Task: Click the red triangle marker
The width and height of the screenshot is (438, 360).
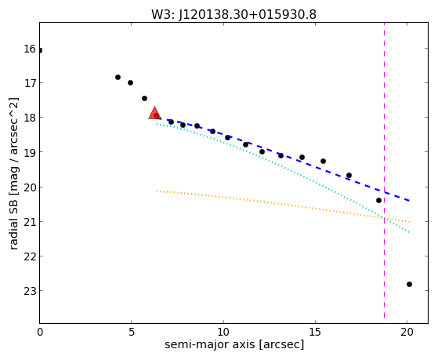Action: point(154,113)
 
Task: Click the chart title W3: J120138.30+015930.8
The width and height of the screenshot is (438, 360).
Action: point(233,15)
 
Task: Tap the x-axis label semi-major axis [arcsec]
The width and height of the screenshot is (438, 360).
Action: point(234,344)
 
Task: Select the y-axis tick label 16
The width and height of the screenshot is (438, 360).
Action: point(30,49)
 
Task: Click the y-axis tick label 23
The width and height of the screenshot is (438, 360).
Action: point(30,291)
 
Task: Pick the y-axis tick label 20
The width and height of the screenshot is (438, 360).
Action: point(30,187)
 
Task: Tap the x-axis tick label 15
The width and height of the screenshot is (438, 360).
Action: point(315,332)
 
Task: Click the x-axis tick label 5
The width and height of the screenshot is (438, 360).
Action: point(132,332)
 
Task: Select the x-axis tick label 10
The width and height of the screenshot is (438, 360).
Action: point(223,332)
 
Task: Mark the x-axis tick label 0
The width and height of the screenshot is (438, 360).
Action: point(40,332)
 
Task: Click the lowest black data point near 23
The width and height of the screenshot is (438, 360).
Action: point(409,284)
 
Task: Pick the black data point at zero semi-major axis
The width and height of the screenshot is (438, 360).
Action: point(40,50)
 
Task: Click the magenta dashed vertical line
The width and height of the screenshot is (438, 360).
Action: point(385,170)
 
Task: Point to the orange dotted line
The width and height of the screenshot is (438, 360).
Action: point(283,206)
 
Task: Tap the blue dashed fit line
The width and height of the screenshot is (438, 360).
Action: point(283,159)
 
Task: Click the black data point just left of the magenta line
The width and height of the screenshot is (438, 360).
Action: point(378,200)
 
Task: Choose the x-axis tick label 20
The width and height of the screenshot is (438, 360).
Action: point(407,332)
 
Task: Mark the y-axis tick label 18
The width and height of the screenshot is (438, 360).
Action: point(30,118)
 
